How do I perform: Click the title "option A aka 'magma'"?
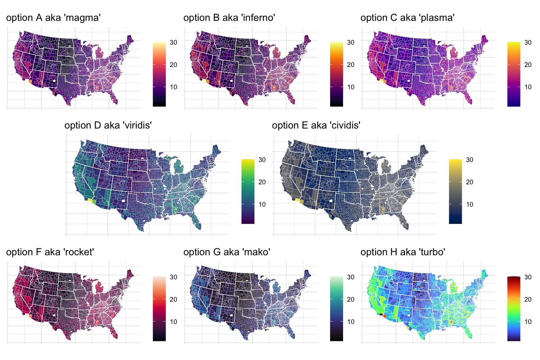(53, 18)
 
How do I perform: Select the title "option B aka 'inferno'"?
(229, 18)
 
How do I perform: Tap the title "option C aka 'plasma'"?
(408, 18)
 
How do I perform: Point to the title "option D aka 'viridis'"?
(108, 125)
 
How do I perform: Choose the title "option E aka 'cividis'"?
(316, 125)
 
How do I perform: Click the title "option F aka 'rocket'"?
(50, 252)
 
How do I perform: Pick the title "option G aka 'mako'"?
(227, 252)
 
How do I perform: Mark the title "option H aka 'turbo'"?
(403, 252)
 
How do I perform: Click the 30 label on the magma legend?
(174, 42)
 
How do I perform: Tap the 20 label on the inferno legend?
(351, 65)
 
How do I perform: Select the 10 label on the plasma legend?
(528, 87)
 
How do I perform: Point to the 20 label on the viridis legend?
(262, 182)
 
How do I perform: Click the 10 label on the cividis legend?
(469, 204)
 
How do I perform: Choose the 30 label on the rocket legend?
(174, 277)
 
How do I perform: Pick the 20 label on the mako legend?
(351, 300)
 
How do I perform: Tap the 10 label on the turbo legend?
(528, 322)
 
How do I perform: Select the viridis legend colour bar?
(248, 191)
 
